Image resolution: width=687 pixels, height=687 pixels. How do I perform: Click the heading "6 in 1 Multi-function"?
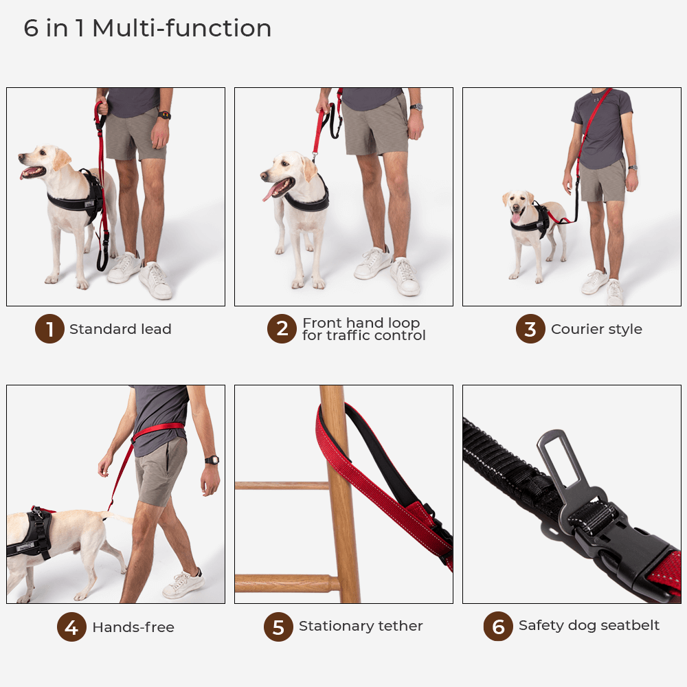coord(148,29)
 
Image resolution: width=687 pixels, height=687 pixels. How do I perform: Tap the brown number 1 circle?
coord(49,329)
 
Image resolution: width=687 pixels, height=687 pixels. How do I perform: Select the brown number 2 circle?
coord(282,329)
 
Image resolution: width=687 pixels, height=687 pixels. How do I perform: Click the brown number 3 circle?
coord(530,329)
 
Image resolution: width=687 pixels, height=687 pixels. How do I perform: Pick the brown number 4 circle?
coord(71,627)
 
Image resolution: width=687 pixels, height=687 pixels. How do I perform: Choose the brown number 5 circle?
coord(278,627)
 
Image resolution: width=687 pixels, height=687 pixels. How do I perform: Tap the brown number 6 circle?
coord(498,627)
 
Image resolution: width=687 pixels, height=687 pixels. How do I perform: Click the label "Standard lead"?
coord(120,329)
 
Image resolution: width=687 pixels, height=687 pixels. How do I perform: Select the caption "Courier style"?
coord(596,329)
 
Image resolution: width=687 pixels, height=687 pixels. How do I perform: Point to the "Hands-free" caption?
coord(133,627)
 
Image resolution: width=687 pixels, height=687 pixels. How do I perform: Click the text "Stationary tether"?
coord(361,626)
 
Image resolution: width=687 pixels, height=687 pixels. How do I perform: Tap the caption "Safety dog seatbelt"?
coord(589,625)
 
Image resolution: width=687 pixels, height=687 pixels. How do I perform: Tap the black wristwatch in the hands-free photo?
coord(212,460)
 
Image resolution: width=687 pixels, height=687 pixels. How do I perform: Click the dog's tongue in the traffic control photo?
coord(269,192)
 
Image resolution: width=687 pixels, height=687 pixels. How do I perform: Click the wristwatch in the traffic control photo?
coord(416,107)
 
